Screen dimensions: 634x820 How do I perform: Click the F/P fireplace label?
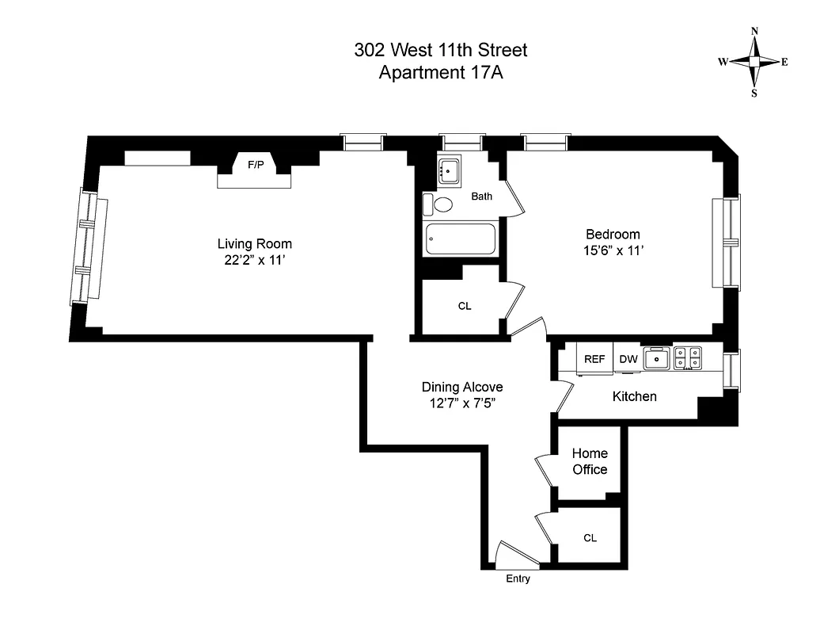pos(256,165)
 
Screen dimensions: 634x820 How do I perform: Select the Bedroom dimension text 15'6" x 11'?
pos(612,250)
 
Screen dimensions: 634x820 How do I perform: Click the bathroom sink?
pos(450,170)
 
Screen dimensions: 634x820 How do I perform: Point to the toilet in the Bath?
pos(439,204)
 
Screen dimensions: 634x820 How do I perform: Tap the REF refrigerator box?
pos(594,358)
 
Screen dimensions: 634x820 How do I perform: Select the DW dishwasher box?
pos(628,358)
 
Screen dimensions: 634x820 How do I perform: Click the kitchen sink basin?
pos(657,359)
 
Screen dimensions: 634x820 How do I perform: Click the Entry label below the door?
pos(518,579)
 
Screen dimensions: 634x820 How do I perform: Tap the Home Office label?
pos(590,461)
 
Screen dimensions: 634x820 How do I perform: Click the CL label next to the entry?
pos(590,537)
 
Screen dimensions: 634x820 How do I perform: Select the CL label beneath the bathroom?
pos(465,306)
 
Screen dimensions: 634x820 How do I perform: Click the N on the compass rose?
pos(754,32)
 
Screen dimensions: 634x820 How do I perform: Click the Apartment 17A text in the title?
pos(441,73)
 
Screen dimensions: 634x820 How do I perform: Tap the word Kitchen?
pos(634,395)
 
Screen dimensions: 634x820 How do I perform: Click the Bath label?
pos(482,196)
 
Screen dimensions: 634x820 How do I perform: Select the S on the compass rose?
pos(754,93)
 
